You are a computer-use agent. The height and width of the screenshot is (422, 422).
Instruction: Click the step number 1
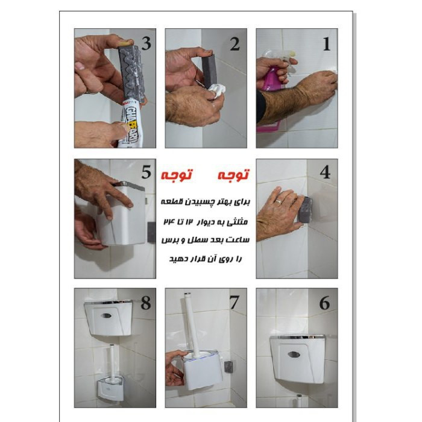pyautogui.click(x=327, y=44)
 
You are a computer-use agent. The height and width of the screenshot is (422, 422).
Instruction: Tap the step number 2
pyautogui.click(x=235, y=44)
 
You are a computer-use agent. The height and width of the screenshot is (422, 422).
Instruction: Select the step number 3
pyautogui.click(x=146, y=43)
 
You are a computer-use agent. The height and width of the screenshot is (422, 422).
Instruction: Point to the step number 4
pyautogui.click(x=325, y=172)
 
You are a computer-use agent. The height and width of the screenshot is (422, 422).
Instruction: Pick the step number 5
pyautogui.click(x=146, y=172)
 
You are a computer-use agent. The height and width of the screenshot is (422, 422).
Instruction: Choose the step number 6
pyautogui.click(x=324, y=303)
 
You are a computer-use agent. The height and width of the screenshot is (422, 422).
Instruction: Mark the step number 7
pyautogui.click(x=234, y=302)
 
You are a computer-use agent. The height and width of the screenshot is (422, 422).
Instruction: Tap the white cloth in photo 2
pyautogui.click(x=218, y=90)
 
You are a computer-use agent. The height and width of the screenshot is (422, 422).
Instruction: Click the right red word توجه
pyautogui.click(x=233, y=175)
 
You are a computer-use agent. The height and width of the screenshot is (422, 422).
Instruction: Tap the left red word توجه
pyautogui.click(x=177, y=175)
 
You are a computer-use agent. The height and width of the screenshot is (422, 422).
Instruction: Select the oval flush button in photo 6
pyautogui.click(x=294, y=354)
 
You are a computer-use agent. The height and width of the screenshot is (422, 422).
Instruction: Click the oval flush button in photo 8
pyautogui.click(x=106, y=316)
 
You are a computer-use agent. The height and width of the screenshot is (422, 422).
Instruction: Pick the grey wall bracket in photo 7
pyautogui.click(x=228, y=367)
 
